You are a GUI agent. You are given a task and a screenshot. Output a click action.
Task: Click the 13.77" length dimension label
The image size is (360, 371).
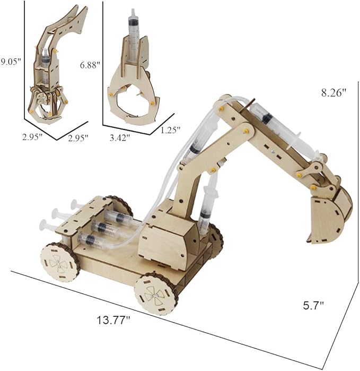point(113,320)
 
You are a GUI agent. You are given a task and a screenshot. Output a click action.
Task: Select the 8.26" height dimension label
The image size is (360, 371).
point(333,92)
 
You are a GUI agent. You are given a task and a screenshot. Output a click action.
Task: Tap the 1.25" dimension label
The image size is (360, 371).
point(170,129)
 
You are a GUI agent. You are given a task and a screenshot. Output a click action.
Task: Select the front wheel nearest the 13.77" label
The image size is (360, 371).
point(154,294)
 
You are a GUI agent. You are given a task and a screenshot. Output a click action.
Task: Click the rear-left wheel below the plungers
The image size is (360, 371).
point(59,261)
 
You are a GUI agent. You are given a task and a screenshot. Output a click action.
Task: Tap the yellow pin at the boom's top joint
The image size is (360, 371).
point(218,108)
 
